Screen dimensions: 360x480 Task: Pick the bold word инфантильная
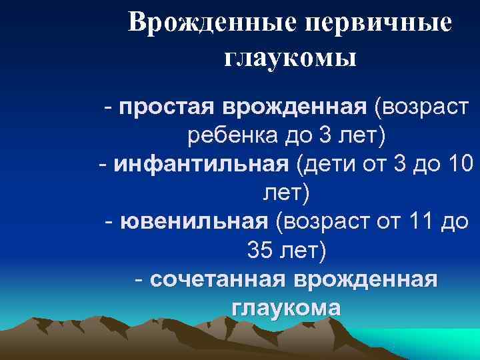(201, 164)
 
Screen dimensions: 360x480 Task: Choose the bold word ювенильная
(194, 221)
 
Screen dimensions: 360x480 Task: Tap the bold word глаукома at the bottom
(286, 308)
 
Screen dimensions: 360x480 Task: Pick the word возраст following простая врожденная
(421, 106)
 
